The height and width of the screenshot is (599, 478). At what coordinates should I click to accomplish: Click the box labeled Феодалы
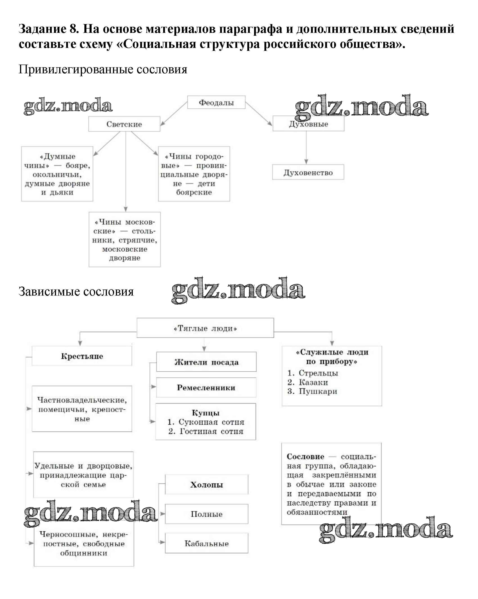(216, 103)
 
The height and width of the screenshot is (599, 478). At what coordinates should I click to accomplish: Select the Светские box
(124, 124)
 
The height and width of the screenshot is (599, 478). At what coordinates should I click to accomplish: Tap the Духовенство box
(308, 173)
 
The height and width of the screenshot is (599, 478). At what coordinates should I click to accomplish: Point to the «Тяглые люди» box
(205, 328)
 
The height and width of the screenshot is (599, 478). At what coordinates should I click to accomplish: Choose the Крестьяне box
(82, 356)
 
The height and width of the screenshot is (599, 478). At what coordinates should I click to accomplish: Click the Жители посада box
(206, 362)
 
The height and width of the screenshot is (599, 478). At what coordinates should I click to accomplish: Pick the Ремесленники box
(206, 388)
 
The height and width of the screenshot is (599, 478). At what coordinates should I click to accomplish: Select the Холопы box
(207, 485)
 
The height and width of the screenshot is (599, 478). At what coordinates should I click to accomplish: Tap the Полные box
(207, 514)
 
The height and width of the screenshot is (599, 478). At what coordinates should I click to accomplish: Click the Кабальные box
(207, 543)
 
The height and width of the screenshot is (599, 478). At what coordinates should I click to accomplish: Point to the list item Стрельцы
(318, 373)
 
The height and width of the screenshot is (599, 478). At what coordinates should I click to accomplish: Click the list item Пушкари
(318, 391)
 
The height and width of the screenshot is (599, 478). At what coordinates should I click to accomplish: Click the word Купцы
(206, 413)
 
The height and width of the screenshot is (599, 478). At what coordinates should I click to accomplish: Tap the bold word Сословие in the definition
(305, 456)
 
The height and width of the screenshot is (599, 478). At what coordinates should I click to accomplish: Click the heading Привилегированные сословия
(103, 69)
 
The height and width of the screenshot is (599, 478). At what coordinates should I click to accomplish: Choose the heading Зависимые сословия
(76, 292)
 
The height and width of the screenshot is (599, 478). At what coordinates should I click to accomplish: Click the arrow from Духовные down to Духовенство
(306, 147)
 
